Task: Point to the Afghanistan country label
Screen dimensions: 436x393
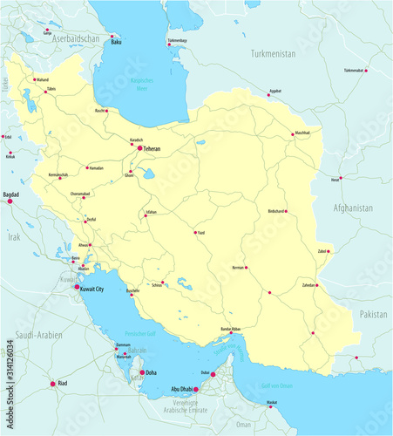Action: tap(352, 208)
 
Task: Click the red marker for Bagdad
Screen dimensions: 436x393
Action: tap(10, 201)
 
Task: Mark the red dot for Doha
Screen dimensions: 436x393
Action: tap(142, 372)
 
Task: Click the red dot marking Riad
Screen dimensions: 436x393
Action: tap(52, 384)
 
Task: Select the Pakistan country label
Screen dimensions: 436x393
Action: tap(372, 312)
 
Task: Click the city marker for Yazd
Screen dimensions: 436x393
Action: tap(195, 232)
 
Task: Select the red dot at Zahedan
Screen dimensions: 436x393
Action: tap(317, 285)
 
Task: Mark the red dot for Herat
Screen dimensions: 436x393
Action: tap(341, 179)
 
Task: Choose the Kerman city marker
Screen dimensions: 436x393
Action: tap(246, 268)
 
